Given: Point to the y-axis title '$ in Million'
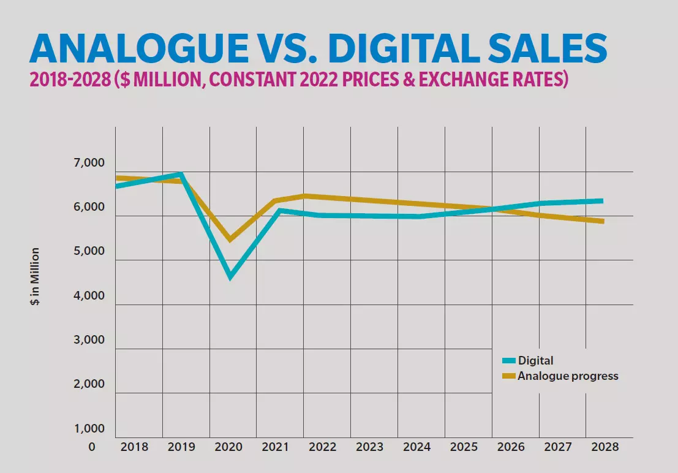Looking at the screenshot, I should [x=36, y=277].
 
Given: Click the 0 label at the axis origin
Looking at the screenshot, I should [x=92, y=447].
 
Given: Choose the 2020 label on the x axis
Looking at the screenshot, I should [x=229, y=447].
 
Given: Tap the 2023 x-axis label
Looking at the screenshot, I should [x=369, y=447].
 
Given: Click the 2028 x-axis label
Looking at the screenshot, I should [x=605, y=447].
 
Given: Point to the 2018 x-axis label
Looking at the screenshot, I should [x=135, y=447].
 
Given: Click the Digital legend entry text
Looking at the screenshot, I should [x=535, y=360].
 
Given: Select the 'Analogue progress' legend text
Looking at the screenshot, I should [x=568, y=376].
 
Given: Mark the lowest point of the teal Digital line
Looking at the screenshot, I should [x=230, y=276].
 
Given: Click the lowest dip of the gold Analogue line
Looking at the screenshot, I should [x=230, y=239].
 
